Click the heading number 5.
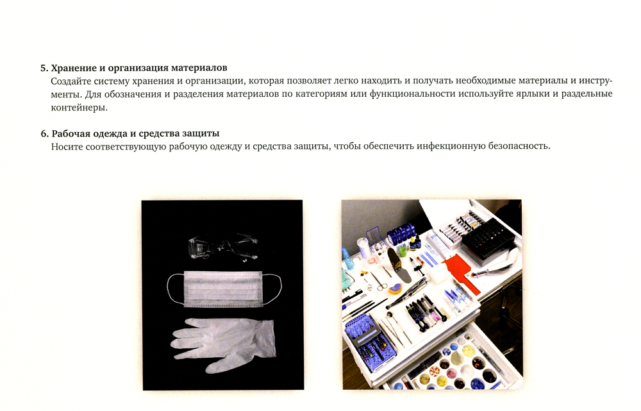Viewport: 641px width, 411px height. coord(44,68)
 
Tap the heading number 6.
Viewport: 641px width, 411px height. coord(44,134)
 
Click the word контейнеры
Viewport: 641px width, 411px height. coord(79,108)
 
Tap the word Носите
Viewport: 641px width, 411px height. coord(65,146)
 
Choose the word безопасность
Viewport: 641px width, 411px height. coord(519,146)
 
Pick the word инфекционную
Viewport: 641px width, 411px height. coord(451,146)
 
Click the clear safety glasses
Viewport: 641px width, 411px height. coord(223,247)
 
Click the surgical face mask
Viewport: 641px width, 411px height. coord(224,289)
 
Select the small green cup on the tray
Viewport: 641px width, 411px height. coord(403,250)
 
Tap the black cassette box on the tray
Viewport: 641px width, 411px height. coord(487,239)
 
